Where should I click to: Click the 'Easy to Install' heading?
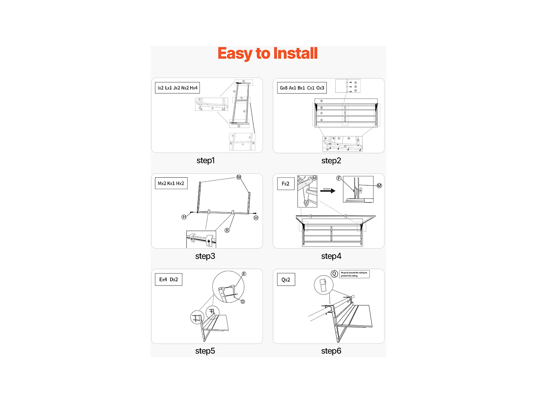(267, 54)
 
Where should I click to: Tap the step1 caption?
(205, 160)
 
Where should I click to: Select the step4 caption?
(331, 256)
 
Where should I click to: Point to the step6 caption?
(331, 351)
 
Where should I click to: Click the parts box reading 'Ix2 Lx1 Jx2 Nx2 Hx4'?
(177, 88)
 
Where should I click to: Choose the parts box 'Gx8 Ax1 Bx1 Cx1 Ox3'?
(302, 88)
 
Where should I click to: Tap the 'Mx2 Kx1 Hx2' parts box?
(171, 183)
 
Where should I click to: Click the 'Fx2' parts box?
(285, 184)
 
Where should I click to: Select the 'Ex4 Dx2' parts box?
(169, 279)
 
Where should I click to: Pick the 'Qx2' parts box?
(286, 280)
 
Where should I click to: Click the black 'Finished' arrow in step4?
(328, 191)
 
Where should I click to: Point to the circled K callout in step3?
(227, 230)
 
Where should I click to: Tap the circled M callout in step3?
(239, 177)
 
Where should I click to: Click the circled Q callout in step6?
(334, 274)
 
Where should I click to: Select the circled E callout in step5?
(244, 274)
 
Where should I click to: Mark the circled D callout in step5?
(243, 302)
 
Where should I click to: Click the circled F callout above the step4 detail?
(339, 178)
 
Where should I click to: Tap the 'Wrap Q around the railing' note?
(354, 274)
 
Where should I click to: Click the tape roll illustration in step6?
(324, 285)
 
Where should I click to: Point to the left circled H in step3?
(184, 217)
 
